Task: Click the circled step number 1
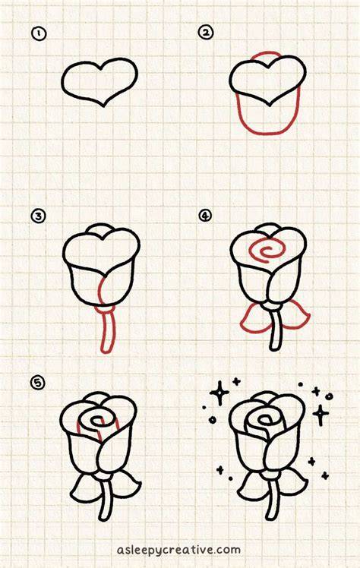[x=39, y=33]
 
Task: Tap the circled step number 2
[x=205, y=33]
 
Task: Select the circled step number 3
[x=38, y=216]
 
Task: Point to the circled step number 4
[x=205, y=216]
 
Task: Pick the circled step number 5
[x=37, y=383]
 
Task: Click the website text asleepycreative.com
[x=178, y=550]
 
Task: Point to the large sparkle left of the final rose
[x=219, y=393]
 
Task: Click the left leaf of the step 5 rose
[x=82, y=487]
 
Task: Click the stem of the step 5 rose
[x=105, y=501]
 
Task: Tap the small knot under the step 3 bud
[x=105, y=308]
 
